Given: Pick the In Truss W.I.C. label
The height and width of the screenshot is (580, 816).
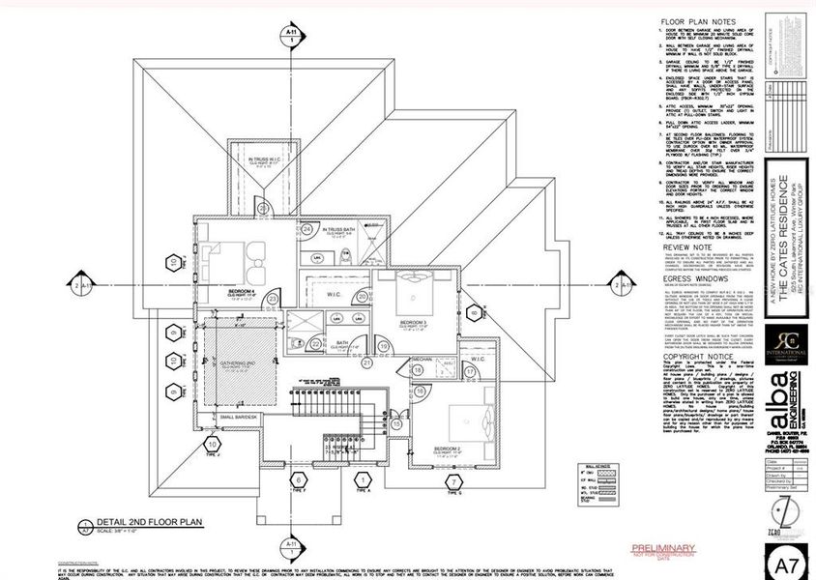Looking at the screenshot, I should point(264,159).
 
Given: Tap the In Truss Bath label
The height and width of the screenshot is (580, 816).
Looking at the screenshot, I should point(339,231).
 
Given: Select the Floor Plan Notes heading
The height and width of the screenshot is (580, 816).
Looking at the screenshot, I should point(692,21).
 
